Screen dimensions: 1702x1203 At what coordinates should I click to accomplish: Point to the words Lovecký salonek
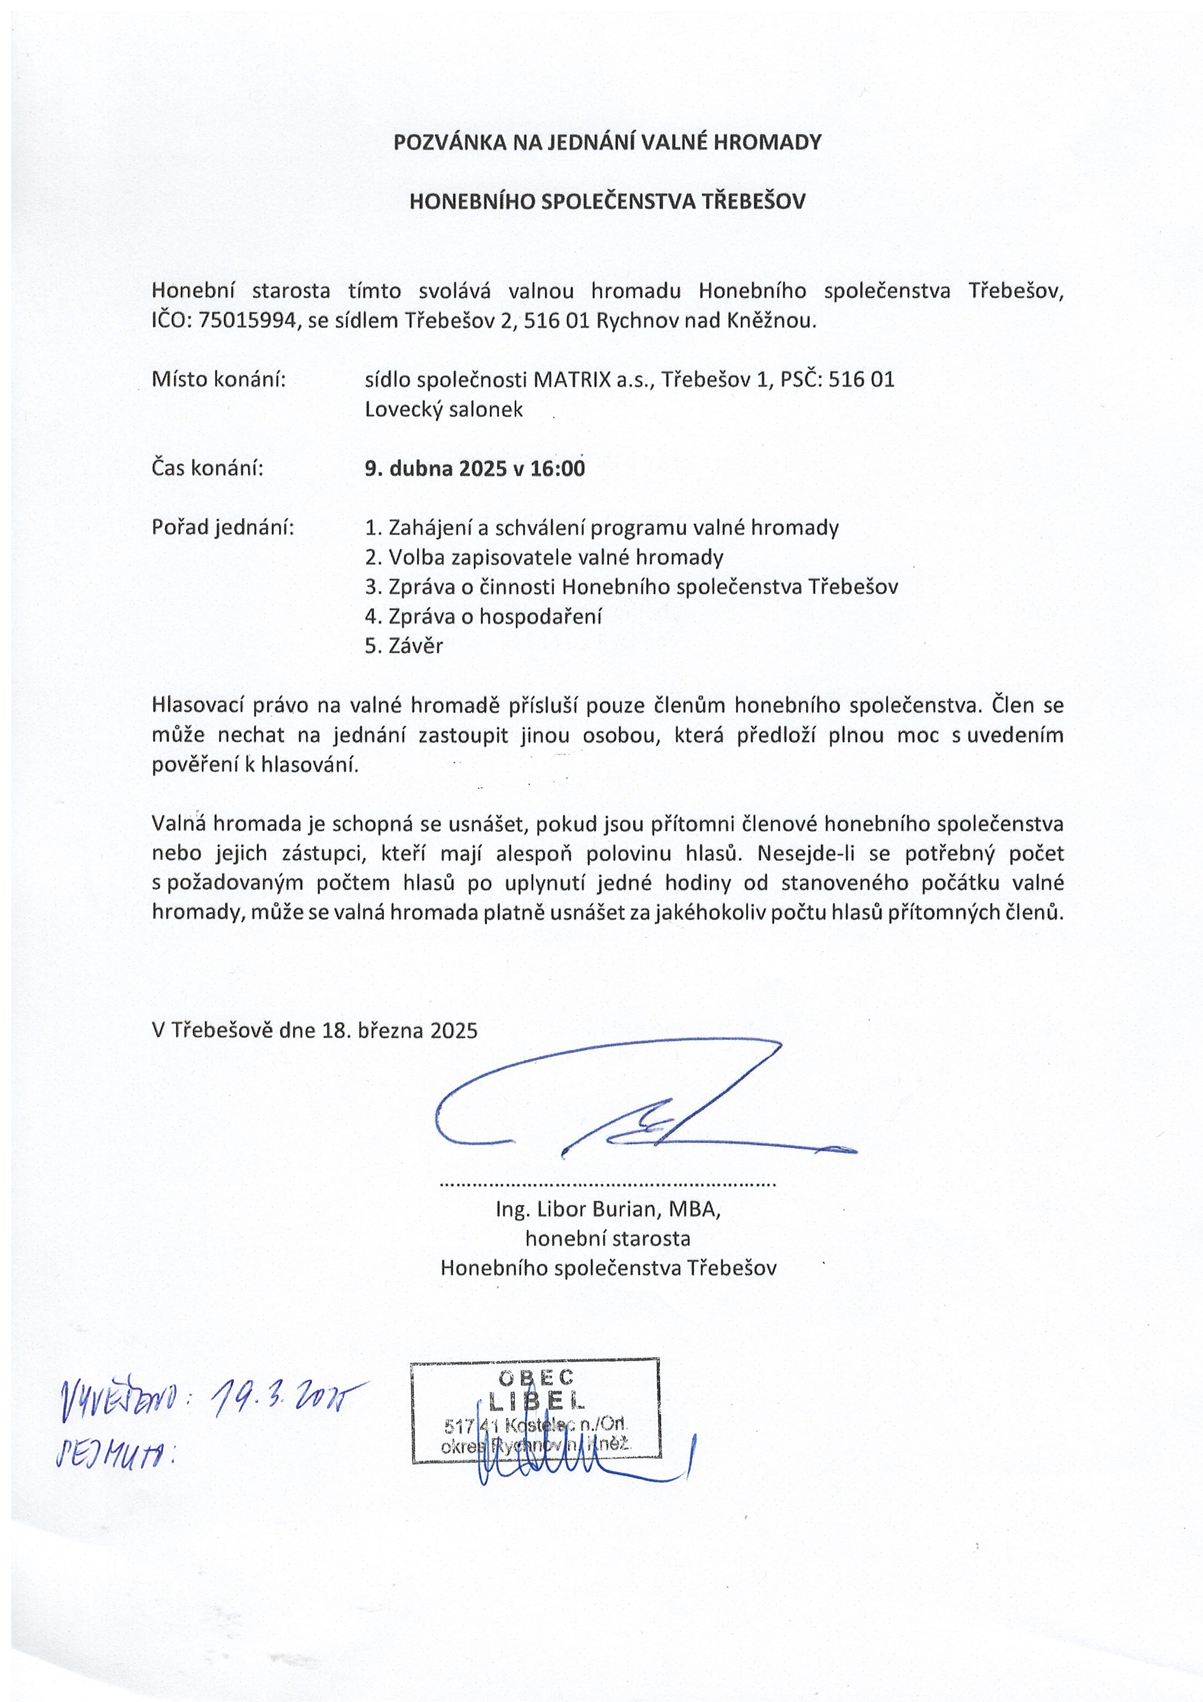[443, 409]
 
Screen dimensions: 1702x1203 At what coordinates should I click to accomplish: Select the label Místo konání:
[219, 379]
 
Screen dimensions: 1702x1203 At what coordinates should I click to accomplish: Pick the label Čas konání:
[208, 469]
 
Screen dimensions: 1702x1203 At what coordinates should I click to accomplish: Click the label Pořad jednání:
[222, 528]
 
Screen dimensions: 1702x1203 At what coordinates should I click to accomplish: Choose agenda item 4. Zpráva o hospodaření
[483, 616]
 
